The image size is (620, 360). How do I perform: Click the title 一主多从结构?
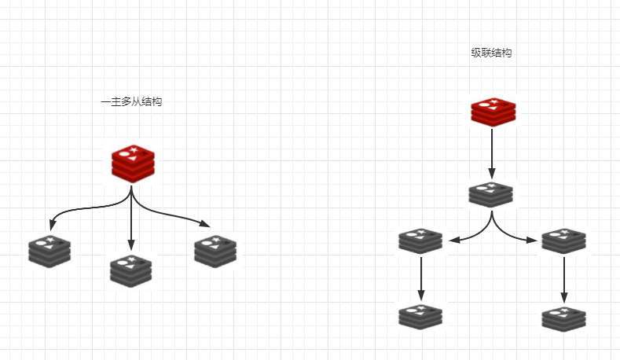131,102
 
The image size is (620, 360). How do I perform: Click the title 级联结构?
492,53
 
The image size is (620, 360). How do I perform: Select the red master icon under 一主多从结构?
131,161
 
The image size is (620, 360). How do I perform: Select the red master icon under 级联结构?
492,111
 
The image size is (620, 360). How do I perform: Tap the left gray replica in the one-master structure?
50,249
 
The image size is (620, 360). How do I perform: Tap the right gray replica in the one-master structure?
215,249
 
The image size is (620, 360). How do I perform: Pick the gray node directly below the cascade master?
491,195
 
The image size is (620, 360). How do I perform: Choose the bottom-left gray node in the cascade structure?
420,315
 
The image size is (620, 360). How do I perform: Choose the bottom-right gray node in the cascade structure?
563,317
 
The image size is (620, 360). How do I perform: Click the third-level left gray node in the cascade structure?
420,241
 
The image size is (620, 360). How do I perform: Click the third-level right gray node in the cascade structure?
563,241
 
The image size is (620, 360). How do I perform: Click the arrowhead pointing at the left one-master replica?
53,222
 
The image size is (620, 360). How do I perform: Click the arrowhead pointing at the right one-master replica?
208,223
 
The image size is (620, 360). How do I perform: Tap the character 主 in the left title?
116,102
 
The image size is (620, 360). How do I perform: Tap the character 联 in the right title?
487,53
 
